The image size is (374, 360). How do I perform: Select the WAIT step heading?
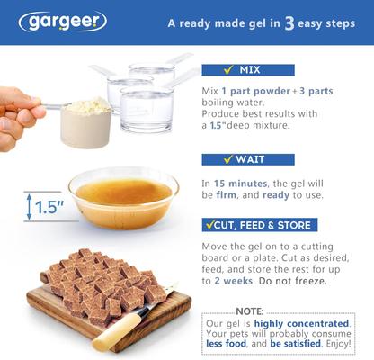coord(246,159)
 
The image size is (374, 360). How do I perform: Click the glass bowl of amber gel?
coord(122,195)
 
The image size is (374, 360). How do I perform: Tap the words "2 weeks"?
coord(228,282)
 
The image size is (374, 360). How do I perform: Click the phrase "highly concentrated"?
coord(296,323)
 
